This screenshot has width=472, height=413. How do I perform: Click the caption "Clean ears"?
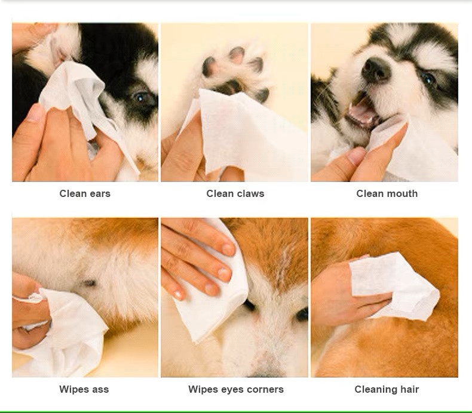pyautogui.click(x=85, y=193)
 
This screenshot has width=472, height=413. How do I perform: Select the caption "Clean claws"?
pyautogui.click(x=235, y=193)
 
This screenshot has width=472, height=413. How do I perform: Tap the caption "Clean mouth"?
pyautogui.click(x=387, y=193)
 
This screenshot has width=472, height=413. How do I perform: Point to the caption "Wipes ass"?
pyautogui.click(x=84, y=389)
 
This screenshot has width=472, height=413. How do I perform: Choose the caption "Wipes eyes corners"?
pyautogui.click(x=236, y=389)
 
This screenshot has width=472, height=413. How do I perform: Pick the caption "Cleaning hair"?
pyautogui.click(x=387, y=389)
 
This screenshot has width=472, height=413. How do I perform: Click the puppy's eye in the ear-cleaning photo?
pyautogui.click(x=141, y=97)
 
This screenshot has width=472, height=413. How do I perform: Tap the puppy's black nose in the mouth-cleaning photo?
pyautogui.click(x=375, y=69)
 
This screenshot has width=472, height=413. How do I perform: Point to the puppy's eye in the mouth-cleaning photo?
pyautogui.click(x=428, y=79)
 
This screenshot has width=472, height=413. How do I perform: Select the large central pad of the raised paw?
pyautogui.click(x=229, y=87)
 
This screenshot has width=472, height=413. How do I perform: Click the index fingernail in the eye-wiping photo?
pyautogui.click(x=228, y=249)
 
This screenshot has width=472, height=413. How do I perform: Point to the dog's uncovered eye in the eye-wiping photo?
pyautogui.click(x=302, y=315)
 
